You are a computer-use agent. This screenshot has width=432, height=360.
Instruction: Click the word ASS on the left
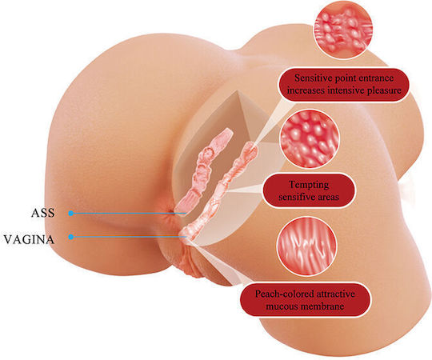click(43, 213)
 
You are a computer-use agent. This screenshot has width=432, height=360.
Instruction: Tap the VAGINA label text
click(29, 239)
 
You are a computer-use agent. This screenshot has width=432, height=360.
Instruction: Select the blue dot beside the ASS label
click(71, 213)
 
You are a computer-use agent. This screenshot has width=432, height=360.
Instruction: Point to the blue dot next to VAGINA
click(71, 237)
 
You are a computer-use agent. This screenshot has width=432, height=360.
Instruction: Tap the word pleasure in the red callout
click(384, 90)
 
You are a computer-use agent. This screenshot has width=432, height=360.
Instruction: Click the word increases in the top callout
click(306, 90)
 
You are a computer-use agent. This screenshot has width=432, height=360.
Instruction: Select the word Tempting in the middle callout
click(309, 185)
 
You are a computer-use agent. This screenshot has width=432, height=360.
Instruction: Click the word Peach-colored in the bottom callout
click(285, 294)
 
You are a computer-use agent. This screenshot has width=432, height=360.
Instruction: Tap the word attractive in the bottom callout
click(335, 294)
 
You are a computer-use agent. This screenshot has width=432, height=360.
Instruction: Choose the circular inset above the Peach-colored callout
click(306, 246)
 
